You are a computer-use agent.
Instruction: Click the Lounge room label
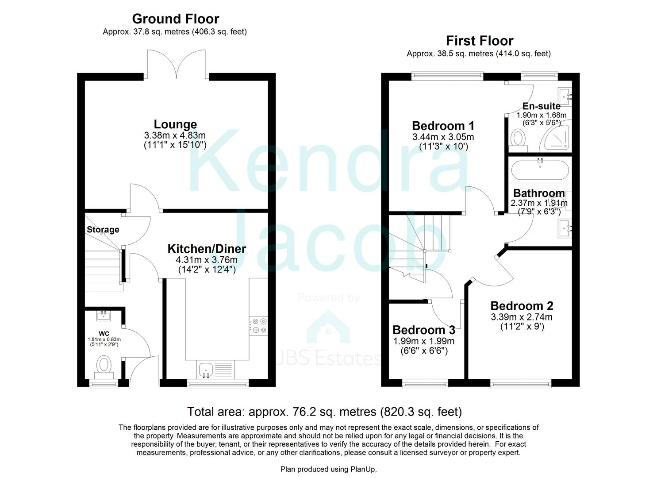tap(175, 124)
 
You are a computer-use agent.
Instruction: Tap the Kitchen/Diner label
tap(207, 249)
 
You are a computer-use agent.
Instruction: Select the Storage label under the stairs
tap(103, 229)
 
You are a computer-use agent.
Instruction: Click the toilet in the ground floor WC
tap(104, 367)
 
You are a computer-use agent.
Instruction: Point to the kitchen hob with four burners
tap(258, 325)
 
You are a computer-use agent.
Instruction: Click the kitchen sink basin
tap(206, 369)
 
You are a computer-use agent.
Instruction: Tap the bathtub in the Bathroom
tap(540, 170)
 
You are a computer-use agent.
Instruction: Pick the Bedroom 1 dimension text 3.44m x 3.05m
tap(443, 137)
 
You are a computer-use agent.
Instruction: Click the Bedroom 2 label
tap(522, 306)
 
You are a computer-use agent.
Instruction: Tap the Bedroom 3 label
tap(424, 330)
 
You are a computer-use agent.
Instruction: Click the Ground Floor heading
tap(175, 19)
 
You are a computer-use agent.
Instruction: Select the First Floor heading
tap(480, 41)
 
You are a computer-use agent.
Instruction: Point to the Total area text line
tap(324, 412)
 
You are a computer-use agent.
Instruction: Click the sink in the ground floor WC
tap(104, 316)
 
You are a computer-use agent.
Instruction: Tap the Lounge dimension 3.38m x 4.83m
tap(175, 135)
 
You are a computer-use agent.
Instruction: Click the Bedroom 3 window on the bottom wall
tap(425, 383)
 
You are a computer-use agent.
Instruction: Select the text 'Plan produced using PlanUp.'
tap(328, 469)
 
